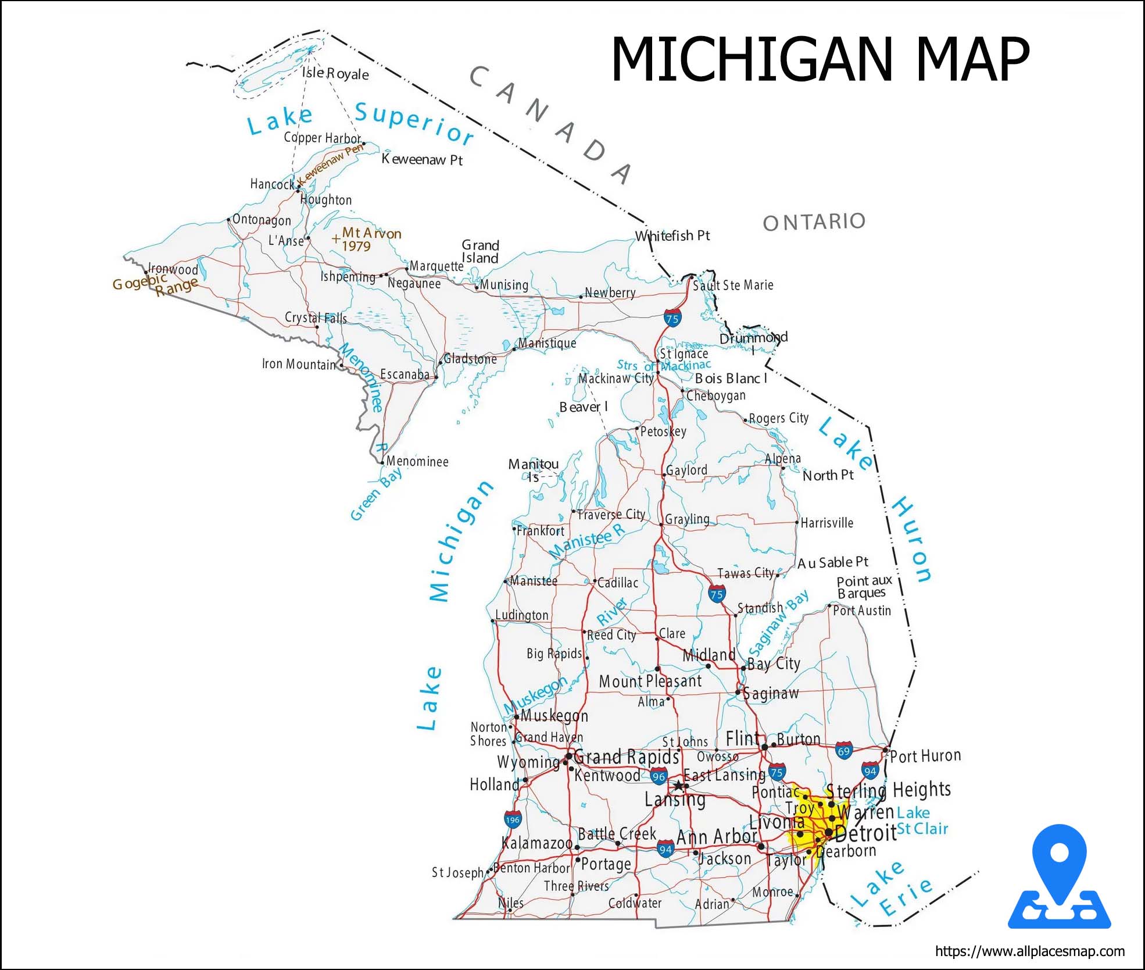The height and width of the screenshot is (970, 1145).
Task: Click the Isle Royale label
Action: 335,73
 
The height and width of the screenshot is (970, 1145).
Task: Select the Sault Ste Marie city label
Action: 732,285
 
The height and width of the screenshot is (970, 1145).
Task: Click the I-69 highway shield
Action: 843,750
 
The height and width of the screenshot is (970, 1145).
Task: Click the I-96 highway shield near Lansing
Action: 658,776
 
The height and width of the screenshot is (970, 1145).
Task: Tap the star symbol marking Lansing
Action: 678,786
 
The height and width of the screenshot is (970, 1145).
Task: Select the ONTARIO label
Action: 814,222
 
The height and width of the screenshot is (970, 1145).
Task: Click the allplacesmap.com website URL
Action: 1029,951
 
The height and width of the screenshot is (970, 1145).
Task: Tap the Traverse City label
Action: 610,515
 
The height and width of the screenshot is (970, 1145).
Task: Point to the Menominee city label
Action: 417,462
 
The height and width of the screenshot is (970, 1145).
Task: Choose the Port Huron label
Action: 925,756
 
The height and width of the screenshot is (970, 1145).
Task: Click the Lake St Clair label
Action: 921,821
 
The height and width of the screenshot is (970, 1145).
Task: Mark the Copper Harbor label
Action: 322,138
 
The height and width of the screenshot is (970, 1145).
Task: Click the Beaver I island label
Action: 583,407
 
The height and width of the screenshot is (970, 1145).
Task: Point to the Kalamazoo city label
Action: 536,843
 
